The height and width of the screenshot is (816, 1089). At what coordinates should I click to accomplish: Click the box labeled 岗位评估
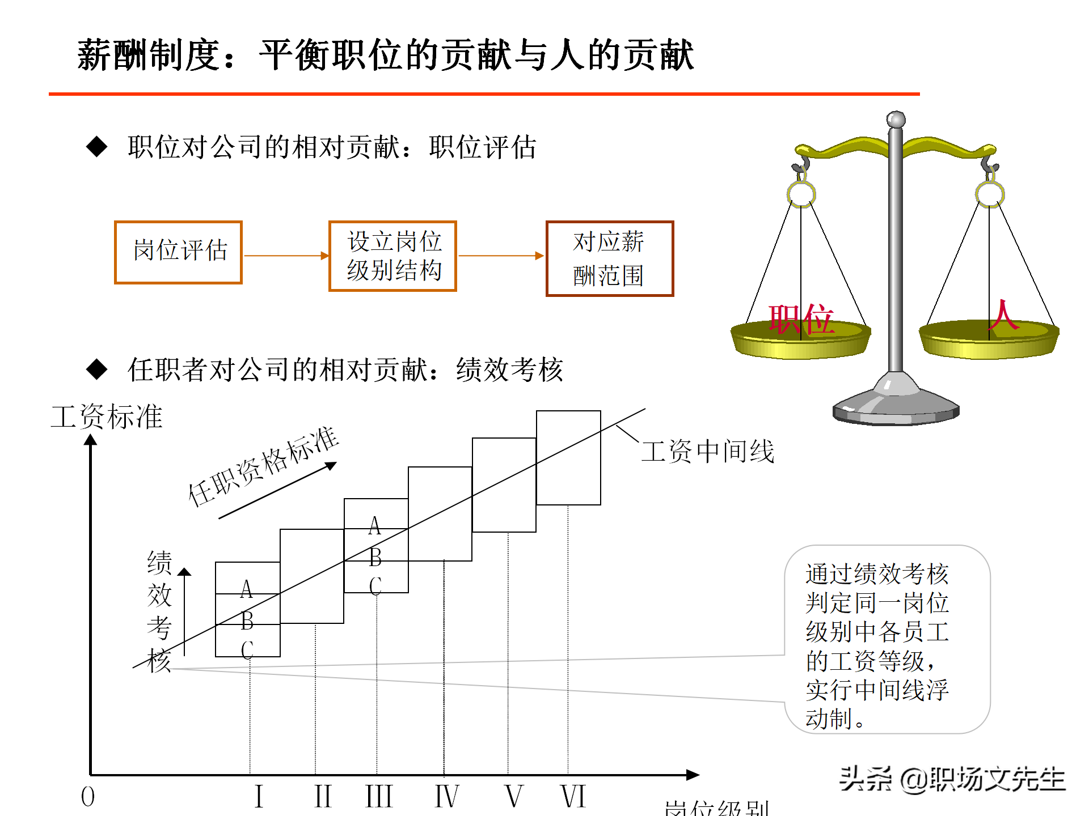(x=178, y=252)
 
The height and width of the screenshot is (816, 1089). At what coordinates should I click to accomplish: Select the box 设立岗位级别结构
(x=392, y=256)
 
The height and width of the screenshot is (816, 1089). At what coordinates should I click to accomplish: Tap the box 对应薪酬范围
(x=609, y=258)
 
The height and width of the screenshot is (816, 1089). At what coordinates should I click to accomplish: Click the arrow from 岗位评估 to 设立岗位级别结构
(x=286, y=256)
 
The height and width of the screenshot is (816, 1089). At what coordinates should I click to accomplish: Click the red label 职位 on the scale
(x=801, y=319)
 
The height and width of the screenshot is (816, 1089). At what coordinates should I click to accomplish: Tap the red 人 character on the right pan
(x=1003, y=316)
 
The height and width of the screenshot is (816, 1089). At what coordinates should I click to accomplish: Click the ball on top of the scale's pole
(x=896, y=120)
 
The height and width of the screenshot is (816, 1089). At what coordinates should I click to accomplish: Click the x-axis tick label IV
(x=446, y=796)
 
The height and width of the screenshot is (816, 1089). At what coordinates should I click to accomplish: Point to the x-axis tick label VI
(x=573, y=796)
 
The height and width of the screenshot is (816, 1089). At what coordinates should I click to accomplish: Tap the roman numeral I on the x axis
(x=259, y=796)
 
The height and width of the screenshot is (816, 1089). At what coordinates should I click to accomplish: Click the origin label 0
(x=88, y=797)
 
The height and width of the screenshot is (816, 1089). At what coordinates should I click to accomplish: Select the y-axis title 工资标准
(x=107, y=417)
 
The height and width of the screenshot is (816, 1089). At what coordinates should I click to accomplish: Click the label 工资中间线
(x=707, y=452)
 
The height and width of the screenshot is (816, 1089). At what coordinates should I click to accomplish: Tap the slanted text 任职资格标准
(x=263, y=466)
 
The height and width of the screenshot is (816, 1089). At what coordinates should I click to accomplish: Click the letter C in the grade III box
(x=375, y=586)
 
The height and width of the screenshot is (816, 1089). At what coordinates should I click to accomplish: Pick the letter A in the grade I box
(x=246, y=589)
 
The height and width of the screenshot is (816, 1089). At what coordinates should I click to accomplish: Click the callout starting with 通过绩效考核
(x=887, y=639)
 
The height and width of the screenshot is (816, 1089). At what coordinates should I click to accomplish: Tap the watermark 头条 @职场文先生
(x=952, y=779)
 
